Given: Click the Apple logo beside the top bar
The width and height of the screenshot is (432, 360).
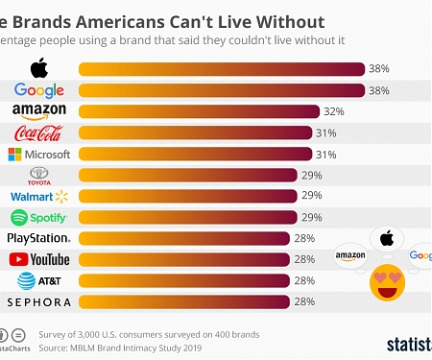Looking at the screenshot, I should click(x=38, y=68).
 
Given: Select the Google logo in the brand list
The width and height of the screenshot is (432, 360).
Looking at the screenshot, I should click(x=38, y=90).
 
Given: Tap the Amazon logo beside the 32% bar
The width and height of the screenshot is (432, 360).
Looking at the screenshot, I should click(x=38, y=111).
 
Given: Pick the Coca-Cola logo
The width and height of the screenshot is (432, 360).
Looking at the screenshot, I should click(x=38, y=132).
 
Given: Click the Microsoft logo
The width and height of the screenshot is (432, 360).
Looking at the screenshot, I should click(x=38, y=154).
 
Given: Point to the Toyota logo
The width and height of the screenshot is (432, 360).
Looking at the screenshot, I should click(x=38, y=175).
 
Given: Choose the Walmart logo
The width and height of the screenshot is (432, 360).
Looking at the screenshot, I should click(x=38, y=196).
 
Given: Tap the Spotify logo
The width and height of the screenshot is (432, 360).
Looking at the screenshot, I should click(x=38, y=217).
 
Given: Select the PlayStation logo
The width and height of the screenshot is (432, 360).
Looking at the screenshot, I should click(x=38, y=238).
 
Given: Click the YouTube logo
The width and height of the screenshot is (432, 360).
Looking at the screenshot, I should click(x=38, y=259).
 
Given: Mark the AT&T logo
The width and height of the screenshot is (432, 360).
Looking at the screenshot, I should click(x=38, y=280).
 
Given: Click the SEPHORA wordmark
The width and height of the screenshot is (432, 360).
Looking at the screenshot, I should click(x=38, y=301).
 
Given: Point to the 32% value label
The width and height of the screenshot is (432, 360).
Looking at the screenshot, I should click(x=334, y=111).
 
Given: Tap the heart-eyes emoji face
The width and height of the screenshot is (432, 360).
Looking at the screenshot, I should click(x=386, y=282).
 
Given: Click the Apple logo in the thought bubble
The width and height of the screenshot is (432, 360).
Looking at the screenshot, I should click(x=387, y=237).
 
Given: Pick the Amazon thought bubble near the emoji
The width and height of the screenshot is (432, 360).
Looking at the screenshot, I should click(x=351, y=256).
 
